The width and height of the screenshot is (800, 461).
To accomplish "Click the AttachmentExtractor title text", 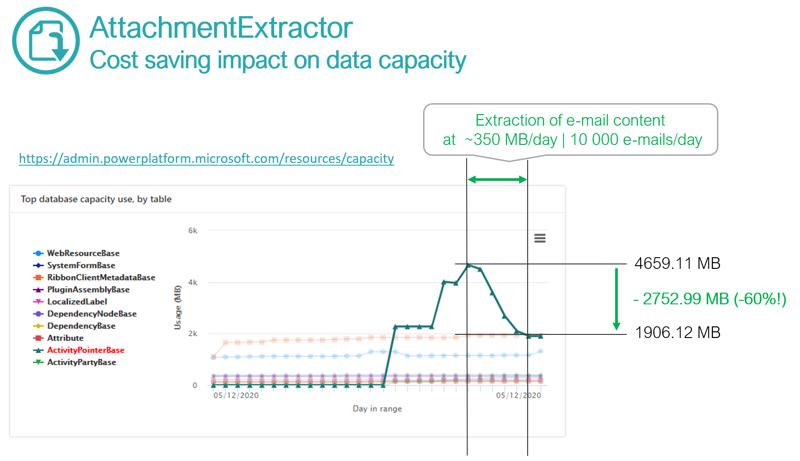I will [221, 28].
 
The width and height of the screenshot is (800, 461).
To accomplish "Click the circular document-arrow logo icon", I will [46, 40].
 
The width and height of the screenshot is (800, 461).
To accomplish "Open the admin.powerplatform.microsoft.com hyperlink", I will [206, 158].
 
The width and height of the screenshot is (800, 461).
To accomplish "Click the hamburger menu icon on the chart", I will [540, 238].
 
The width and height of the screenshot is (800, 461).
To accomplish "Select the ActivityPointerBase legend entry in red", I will [85, 350].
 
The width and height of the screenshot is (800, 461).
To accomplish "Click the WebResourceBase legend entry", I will [83, 253].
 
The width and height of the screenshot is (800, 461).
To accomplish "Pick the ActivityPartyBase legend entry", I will [81, 362].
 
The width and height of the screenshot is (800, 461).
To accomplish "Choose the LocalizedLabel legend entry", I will [77, 302].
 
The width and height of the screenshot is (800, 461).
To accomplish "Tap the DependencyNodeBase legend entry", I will [92, 314].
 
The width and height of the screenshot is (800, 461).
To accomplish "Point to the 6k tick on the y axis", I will [192, 231].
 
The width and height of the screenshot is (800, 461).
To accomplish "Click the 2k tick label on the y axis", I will [192, 334].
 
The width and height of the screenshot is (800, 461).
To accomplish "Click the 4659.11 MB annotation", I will [677, 263].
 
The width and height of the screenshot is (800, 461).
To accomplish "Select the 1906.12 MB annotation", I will [677, 333].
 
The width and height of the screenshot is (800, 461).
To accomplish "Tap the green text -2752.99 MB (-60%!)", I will [710, 299].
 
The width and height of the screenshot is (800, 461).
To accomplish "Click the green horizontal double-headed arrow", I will [497, 180].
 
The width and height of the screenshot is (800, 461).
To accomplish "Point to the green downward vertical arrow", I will [616, 299].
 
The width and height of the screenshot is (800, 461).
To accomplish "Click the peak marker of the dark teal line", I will [468, 265].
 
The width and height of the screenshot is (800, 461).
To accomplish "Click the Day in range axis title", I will [377, 408].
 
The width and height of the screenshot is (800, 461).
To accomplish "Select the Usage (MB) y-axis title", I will [178, 307].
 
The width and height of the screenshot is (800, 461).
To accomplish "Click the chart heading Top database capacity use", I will [96, 199].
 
